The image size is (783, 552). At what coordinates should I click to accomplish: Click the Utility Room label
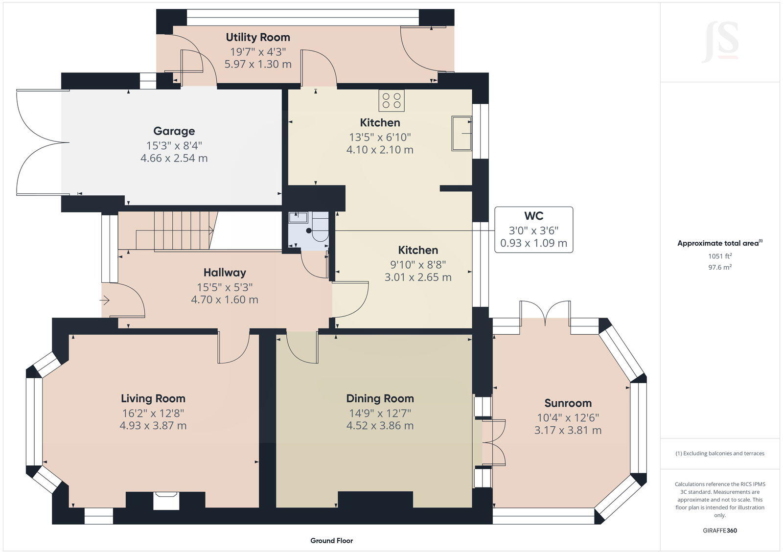(258, 37)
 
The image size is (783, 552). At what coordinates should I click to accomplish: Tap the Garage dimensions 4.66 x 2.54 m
(174, 158)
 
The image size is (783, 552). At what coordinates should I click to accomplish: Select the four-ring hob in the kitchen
(391, 100)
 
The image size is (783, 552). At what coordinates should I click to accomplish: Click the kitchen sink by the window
(461, 133)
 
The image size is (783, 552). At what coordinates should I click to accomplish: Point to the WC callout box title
(533, 216)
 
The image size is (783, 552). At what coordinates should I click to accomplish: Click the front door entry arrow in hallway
(106, 300)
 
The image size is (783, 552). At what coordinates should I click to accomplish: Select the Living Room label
(153, 398)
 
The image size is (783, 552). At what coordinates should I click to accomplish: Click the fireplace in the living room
(165, 501)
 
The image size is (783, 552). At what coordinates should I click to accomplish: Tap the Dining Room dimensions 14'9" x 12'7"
(380, 413)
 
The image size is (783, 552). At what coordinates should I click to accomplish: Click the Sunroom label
(568, 403)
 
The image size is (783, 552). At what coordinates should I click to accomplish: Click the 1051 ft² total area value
(719, 256)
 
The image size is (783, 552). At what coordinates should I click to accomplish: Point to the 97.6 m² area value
(719, 267)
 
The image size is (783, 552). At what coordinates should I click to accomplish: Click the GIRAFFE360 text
(719, 530)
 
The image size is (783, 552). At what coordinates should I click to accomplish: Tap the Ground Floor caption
(331, 541)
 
